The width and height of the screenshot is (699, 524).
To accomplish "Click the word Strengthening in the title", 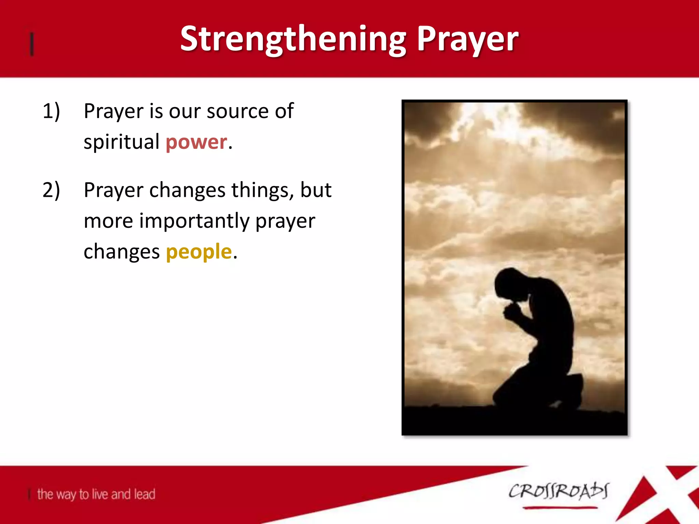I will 294,39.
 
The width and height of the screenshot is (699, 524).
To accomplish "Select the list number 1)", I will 51,111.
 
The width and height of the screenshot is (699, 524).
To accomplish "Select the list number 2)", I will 51,190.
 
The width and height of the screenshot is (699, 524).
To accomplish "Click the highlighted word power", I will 196,142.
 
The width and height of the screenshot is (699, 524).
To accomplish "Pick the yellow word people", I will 199,252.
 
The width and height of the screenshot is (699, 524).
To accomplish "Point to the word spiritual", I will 122,142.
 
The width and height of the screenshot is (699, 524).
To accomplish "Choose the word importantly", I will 195,221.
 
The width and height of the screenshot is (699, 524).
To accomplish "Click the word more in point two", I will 108,221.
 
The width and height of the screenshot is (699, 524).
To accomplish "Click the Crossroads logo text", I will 558,491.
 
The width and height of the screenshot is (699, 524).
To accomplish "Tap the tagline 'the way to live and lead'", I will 96,494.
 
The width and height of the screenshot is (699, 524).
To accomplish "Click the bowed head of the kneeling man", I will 510,283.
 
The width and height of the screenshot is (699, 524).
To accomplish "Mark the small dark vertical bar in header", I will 32,44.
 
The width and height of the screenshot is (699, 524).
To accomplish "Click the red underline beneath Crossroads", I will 560,508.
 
